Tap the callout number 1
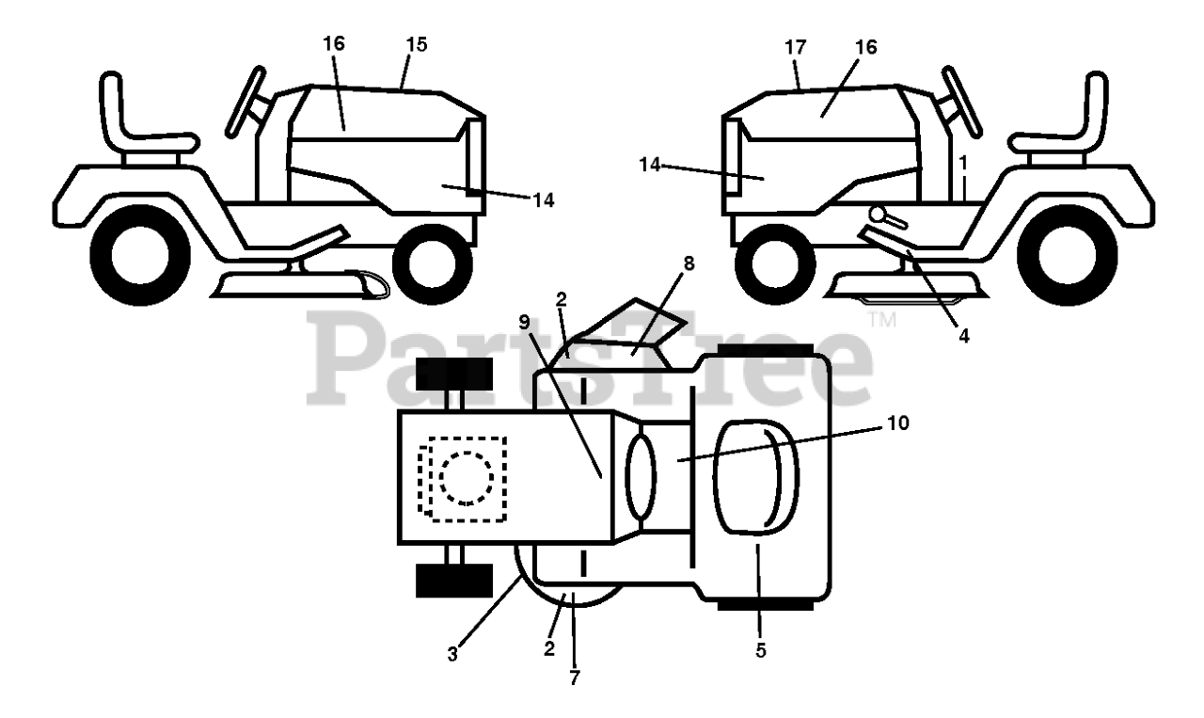click(x=964, y=163)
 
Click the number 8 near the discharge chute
click(x=689, y=264)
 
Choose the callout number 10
click(x=897, y=423)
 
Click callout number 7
click(x=574, y=677)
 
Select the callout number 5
click(x=760, y=650)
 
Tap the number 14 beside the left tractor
click(x=542, y=199)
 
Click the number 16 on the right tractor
click(x=866, y=47)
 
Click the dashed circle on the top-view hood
click(x=467, y=475)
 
